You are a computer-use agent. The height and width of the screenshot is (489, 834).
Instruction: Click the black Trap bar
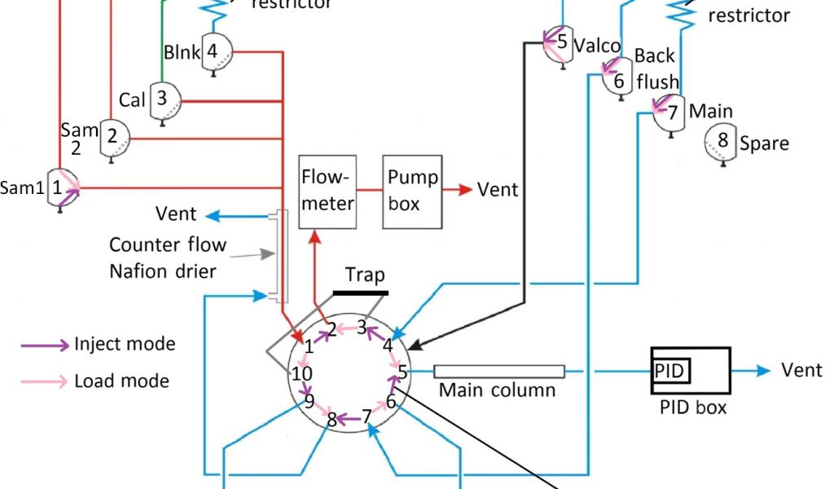coord(359,291)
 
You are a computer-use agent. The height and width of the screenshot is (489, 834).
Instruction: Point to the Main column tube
coord(498,372)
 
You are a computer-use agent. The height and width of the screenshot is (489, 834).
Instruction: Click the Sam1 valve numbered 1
coord(60,188)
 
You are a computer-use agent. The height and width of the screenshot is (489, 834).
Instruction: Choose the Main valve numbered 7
coord(670,112)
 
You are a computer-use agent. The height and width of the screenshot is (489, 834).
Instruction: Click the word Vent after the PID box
coord(802,371)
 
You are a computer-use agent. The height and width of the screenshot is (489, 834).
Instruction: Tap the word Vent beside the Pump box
coord(498,190)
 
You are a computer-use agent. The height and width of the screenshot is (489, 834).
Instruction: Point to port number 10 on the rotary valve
coord(302,374)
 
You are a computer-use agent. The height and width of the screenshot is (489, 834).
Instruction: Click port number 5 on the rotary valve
coord(402,372)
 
